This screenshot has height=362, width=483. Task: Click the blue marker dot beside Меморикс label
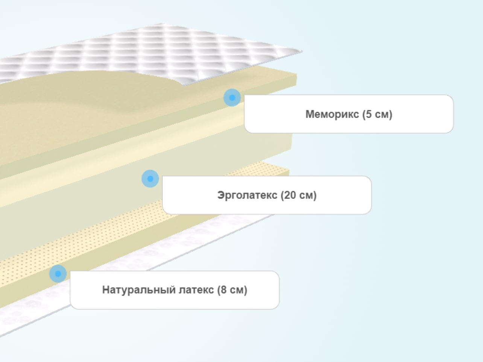click(x=232, y=98)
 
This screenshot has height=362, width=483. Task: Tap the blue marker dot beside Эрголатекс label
click(x=150, y=179)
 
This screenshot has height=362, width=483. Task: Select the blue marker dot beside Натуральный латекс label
click(x=58, y=274)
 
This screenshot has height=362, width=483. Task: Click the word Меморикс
click(x=332, y=114)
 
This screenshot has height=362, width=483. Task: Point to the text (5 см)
click(x=377, y=114)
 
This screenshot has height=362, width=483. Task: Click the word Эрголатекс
click(x=247, y=195)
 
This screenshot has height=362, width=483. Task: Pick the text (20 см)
click(x=299, y=195)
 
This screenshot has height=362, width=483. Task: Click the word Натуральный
click(x=139, y=290)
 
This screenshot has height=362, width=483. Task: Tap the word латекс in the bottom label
click(x=196, y=290)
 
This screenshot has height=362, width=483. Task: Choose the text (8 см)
click(x=232, y=290)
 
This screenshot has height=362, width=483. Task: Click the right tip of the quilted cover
click(x=302, y=51)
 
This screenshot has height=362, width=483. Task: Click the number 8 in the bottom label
click(x=223, y=290)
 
